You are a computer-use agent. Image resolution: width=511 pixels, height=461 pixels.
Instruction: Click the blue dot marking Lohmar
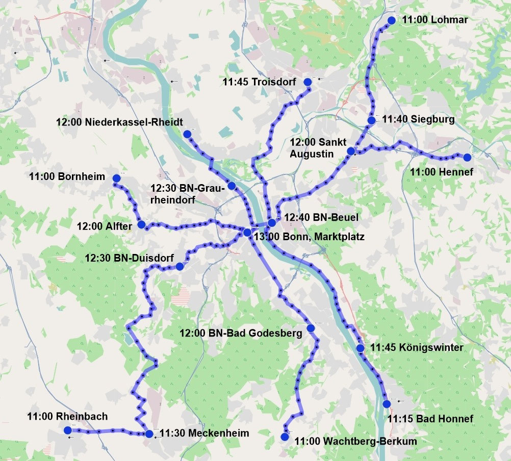point(391,20)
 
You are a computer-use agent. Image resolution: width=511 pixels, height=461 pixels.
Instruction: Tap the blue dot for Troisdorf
point(308,82)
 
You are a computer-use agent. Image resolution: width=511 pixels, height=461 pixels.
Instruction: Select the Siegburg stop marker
point(371,120)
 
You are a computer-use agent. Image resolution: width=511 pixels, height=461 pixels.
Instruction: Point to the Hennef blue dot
point(467,157)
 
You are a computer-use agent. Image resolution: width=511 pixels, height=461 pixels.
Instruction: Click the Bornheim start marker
point(116,178)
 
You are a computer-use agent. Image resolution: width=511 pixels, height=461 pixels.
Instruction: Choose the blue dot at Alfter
point(141,224)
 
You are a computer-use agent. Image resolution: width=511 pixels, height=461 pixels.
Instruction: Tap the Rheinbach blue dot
point(68,430)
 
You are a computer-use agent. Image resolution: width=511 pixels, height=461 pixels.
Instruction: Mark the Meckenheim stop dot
point(149,434)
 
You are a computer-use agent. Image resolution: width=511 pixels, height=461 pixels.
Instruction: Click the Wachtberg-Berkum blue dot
point(285,437)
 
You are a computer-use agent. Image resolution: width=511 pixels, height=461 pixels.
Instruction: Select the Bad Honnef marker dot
point(386,404)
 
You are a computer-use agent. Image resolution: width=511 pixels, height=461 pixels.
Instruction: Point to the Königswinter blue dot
point(360,348)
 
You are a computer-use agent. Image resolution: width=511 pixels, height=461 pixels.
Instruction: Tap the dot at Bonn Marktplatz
point(247,233)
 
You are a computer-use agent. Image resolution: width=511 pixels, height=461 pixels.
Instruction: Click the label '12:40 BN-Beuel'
point(321,218)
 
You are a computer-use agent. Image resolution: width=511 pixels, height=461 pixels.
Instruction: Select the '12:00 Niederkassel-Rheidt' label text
point(119,122)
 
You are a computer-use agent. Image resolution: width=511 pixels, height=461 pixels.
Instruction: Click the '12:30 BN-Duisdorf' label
point(130,258)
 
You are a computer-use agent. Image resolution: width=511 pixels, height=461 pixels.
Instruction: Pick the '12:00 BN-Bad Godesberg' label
point(241,333)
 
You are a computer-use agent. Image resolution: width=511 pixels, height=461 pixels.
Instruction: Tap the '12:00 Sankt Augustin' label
point(312,147)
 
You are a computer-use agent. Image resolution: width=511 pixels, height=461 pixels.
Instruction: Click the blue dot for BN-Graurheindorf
point(232,186)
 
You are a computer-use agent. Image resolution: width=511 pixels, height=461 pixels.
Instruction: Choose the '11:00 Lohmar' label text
point(435,20)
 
